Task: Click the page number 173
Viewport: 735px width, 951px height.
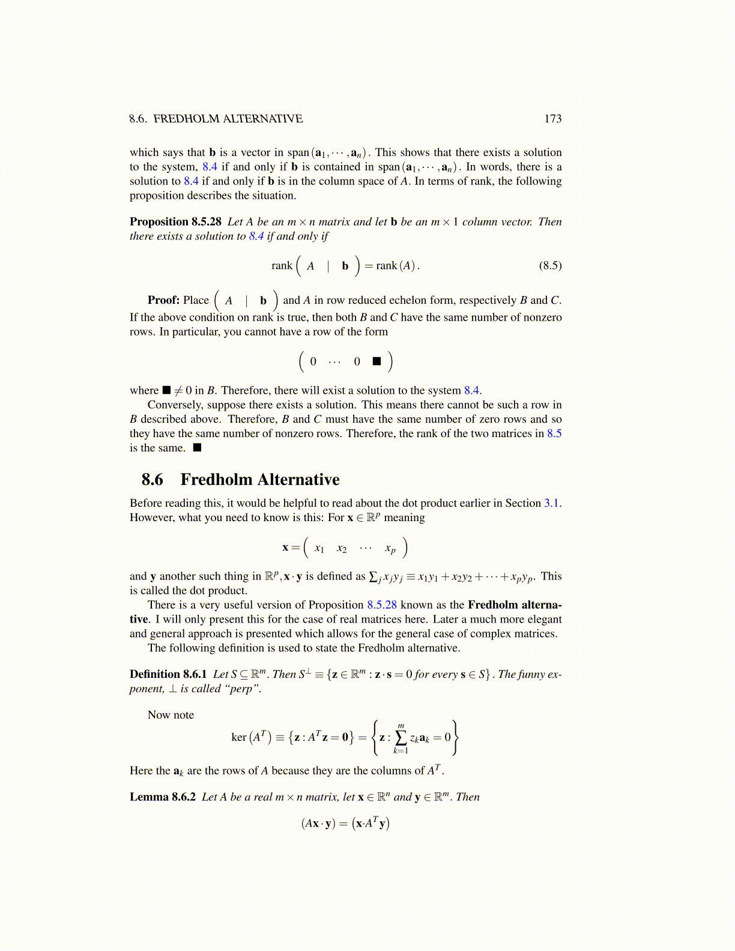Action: tap(552, 119)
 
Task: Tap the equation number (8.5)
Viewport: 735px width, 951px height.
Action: tap(550, 265)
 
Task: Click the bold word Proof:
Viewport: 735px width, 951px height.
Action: tap(163, 300)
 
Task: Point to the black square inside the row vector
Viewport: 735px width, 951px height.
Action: tap(377, 361)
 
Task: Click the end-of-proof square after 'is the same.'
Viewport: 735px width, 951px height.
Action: tap(197, 448)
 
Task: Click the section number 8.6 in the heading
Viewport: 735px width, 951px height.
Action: tap(153, 480)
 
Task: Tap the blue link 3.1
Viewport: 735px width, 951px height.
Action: tap(552, 503)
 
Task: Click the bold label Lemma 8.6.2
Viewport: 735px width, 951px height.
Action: tap(163, 797)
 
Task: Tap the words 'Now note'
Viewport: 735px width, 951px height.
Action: tap(171, 715)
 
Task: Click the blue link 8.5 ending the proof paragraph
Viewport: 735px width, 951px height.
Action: tap(554, 433)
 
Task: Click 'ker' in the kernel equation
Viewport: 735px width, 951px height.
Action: tap(238, 737)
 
